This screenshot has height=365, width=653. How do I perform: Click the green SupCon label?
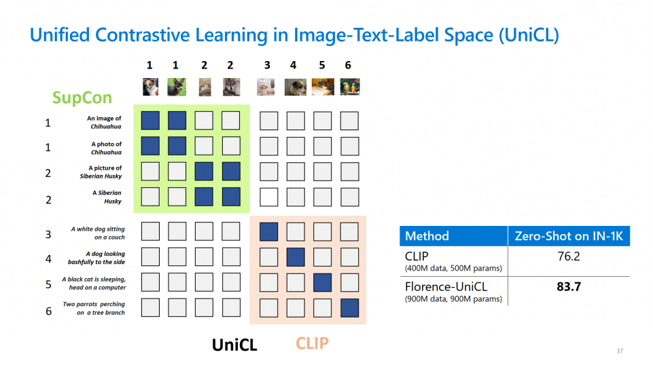pyautogui.click(x=82, y=98)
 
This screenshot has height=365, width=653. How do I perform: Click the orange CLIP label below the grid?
pyautogui.click(x=312, y=343)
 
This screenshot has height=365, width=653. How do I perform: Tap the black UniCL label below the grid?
pyautogui.click(x=234, y=345)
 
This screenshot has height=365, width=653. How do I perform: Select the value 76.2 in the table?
pyautogui.click(x=568, y=257)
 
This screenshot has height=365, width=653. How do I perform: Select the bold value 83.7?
pyautogui.click(x=568, y=287)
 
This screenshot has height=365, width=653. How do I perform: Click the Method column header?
pyautogui.click(x=427, y=236)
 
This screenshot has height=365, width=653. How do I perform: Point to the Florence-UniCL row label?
pyautogui.click(x=446, y=286)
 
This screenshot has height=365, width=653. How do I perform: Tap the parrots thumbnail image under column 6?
pyautogui.click(x=350, y=87)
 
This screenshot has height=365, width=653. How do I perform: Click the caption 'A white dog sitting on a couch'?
pyautogui.click(x=98, y=233)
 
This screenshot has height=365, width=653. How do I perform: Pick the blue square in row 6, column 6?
pyautogui.click(x=349, y=307)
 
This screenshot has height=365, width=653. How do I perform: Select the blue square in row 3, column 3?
pyautogui.click(x=268, y=232)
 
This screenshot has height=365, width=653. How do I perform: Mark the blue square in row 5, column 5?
pyautogui.click(x=322, y=282)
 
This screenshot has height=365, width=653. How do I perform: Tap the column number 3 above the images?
pyautogui.click(x=267, y=65)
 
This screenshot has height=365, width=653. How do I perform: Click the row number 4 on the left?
pyautogui.click(x=48, y=258)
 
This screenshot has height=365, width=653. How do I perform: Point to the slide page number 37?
pyautogui.click(x=619, y=351)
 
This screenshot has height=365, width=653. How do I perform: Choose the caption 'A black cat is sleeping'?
pyautogui.click(x=94, y=283)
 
